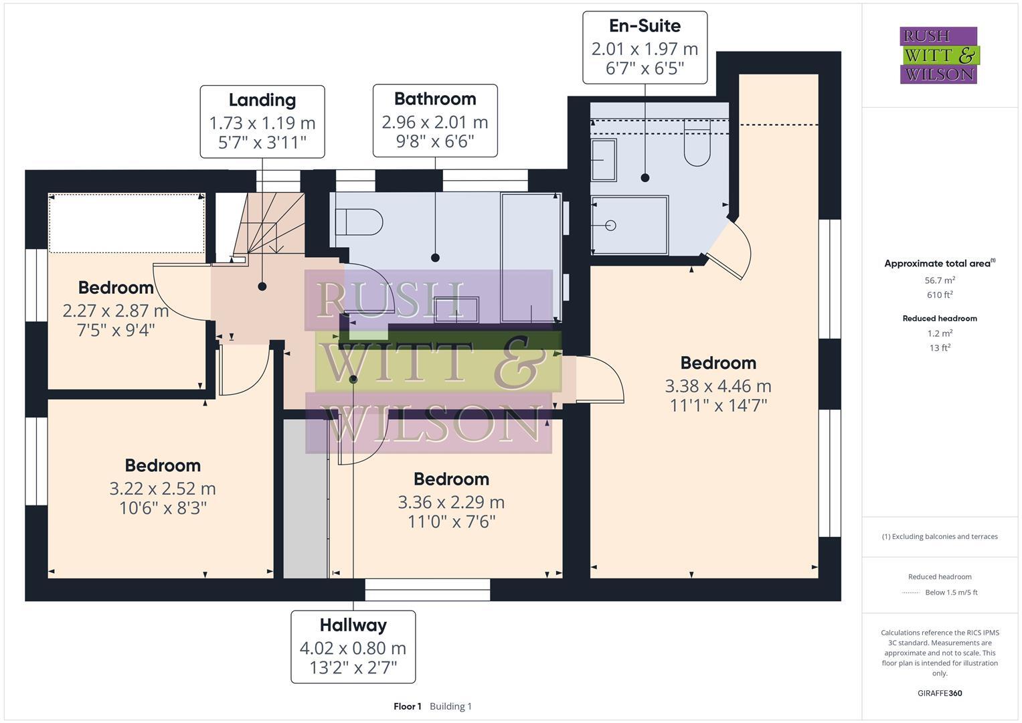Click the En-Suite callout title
(645, 26)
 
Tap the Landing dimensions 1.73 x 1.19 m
(262, 123)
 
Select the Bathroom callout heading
(435, 99)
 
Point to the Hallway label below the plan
(353, 625)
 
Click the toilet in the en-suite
(697, 146)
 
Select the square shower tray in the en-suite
(630, 226)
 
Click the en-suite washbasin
(604, 161)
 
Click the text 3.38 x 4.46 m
(718, 386)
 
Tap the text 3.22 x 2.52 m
(163, 489)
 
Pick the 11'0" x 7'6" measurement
(451, 521)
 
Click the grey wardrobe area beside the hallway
(305, 499)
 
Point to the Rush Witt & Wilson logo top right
(938, 56)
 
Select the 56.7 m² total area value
(940, 280)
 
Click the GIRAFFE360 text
(940, 694)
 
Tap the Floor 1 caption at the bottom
(408, 706)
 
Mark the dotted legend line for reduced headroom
(911, 592)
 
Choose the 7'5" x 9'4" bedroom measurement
(116, 330)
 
